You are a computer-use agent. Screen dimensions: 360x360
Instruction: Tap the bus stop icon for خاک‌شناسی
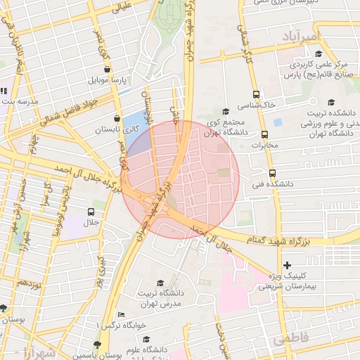[255, 94]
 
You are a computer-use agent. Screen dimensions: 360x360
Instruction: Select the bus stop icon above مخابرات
[265, 134]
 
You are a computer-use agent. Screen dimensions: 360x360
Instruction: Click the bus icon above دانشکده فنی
[272, 173]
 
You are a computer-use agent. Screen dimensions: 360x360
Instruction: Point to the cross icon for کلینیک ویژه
[287, 265]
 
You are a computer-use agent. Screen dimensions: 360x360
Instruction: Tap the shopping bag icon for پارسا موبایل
[106, 70]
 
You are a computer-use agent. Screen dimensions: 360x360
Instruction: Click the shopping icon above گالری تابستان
[116, 119]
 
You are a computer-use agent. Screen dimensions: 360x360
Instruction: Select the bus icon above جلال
[91, 211]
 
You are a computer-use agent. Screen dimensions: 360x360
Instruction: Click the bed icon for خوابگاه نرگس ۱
[121, 314]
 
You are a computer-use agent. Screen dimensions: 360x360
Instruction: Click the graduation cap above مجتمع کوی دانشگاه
[225, 111]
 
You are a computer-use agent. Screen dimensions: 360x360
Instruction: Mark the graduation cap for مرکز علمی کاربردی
[318, 53]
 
